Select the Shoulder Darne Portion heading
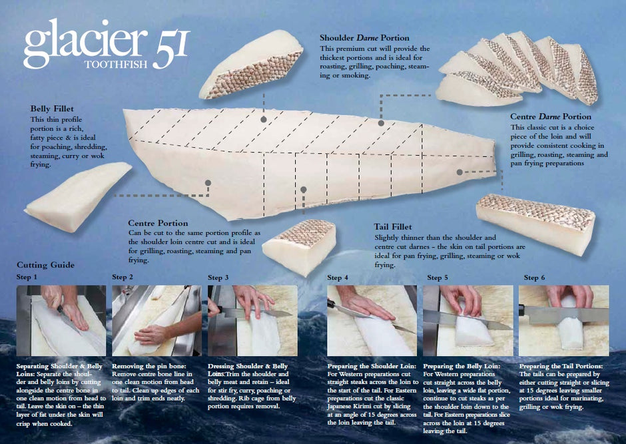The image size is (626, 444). (364, 38)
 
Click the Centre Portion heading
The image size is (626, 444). (158, 223)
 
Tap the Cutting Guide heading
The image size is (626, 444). (45, 264)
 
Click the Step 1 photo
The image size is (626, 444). (61, 320)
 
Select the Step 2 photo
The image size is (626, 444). (156, 320)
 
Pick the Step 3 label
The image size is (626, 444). (218, 277)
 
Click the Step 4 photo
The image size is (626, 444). (372, 320)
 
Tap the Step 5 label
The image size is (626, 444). (438, 277)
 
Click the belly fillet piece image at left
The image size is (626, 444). (87, 196)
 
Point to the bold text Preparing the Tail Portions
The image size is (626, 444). (561, 366)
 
